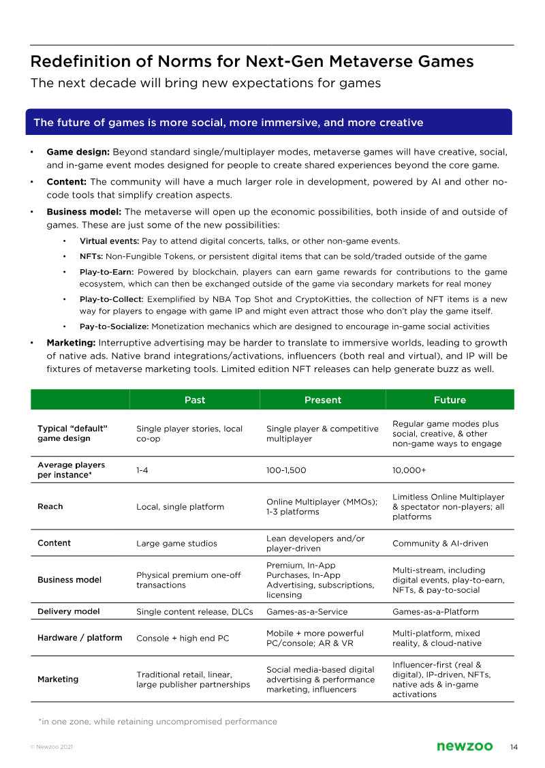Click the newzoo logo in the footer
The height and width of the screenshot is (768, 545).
[x=464, y=747]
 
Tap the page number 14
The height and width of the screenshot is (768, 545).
[x=514, y=748]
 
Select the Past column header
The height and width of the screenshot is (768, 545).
[x=194, y=400]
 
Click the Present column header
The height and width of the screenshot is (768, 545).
[x=322, y=400]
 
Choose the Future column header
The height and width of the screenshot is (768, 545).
[x=450, y=400]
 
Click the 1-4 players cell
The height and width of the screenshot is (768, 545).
[x=142, y=470]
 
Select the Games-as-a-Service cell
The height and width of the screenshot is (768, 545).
[x=307, y=611]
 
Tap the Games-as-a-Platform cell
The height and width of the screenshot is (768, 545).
[x=435, y=611]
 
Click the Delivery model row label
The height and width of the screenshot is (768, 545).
[x=68, y=611]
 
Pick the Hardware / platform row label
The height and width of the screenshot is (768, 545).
[x=80, y=638]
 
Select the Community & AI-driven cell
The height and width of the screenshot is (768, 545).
[x=440, y=544]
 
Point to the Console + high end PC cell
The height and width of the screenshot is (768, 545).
[x=182, y=639]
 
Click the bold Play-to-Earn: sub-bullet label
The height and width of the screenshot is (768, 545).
[x=107, y=272]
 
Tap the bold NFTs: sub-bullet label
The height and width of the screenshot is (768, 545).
[x=91, y=257]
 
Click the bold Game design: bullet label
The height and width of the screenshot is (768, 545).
[x=78, y=151]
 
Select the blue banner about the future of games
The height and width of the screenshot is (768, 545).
[x=268, y=123]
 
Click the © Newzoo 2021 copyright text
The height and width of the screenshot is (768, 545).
[x=51, y=748]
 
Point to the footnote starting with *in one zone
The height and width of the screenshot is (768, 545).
[x=157, y=721]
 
